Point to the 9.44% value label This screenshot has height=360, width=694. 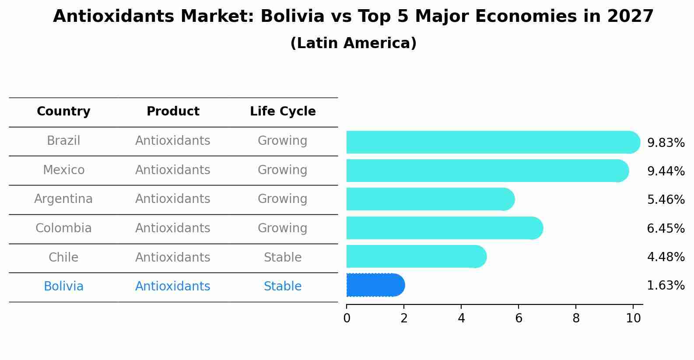[x=666, y=171]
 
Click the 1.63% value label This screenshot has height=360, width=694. [x=666, y=286]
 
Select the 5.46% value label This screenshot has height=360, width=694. [x=666, y=200]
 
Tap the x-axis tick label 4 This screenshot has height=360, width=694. [x=461, y=318]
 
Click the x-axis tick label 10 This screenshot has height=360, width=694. [x=633, y=318]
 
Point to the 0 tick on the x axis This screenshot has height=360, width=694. [x=347, y=318]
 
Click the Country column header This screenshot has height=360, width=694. [x=63, y=112]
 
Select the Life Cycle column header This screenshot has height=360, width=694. [x=283, y=112]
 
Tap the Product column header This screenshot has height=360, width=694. [x=173, y=112]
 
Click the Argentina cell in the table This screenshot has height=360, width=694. [x=63, y=199]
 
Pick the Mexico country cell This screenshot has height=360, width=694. [x=63, y=170]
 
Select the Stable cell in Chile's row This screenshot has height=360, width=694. [x=283, y=257]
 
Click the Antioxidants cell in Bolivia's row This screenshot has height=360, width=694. [x=173, y=287]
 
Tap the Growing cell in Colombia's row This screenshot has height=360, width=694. [x=283, y=228]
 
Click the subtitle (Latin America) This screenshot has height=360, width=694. [x=353, y=43]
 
